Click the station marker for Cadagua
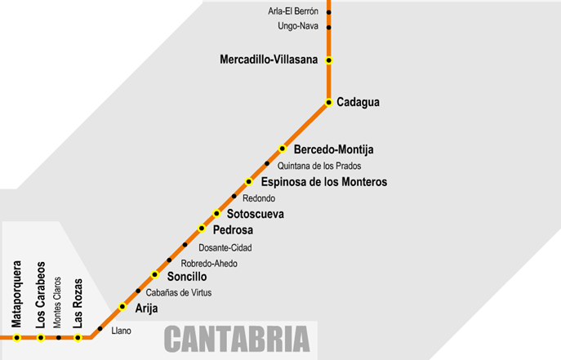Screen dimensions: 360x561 click(328, 102)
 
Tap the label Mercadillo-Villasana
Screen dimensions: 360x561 click(269, 60)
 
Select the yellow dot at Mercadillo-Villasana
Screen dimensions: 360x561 click(328, 60)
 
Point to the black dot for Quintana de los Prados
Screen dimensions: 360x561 click(266, 165)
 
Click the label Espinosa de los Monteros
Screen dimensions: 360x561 click(323, 181)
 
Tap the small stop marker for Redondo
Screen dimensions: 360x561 click(234, 197)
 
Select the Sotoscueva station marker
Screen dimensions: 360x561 click(217, 213)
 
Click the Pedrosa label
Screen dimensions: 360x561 click(233, 229)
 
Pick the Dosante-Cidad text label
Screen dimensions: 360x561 click(225, 247)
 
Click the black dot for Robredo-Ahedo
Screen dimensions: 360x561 click(170, 260)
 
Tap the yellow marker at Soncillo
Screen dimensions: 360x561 click(154, 275)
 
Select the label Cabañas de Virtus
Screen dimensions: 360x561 click(180, 291)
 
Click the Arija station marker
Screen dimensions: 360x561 click(122, 307)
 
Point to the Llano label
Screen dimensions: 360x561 click(121, 331)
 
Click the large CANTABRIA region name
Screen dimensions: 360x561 click(238, 338)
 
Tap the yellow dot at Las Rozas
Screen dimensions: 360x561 click(78, 337)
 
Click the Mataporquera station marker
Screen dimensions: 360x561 click(16, 337)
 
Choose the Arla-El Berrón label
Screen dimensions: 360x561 click(293, 11)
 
